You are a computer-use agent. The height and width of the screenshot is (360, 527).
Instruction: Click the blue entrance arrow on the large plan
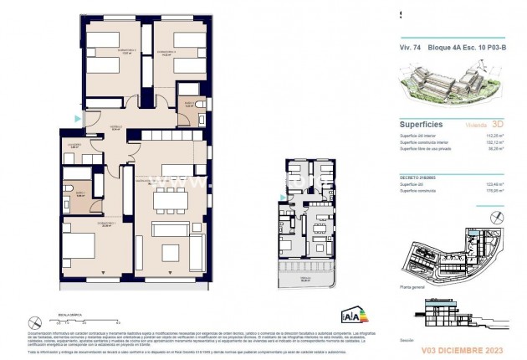pos(77,120)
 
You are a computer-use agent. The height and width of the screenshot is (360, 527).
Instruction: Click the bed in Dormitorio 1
pos(79,248)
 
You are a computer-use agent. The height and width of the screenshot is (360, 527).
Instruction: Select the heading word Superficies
pos(422,122)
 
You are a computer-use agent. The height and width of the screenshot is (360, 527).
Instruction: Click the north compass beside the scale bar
pos(34,321)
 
